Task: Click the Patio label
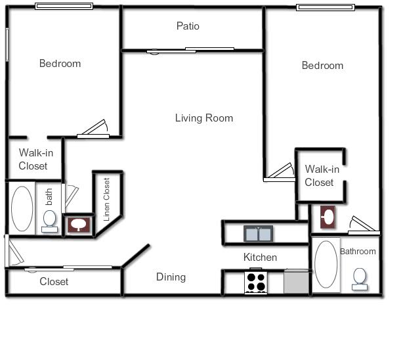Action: [x=188, y=26]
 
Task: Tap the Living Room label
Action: [x=204, y=118]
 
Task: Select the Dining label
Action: [x=171, y=277]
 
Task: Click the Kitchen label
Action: [x=260, y=257]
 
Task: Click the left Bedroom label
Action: [x=60, y=64]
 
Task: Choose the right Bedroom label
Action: [x=322, y=66]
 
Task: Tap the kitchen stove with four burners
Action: [x=256, y=282]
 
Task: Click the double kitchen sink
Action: [x=259, y=233]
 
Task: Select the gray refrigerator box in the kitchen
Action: [x=296, y=282]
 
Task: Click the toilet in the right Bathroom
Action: [x=360, y=278]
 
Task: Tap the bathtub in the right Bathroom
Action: [x=326, y=265]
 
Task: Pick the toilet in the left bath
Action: [x=49, y=219]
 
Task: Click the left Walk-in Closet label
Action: [x=33, y=160]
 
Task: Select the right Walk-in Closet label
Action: [x=320, y=176]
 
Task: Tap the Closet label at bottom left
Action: [x=54, y=282]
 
